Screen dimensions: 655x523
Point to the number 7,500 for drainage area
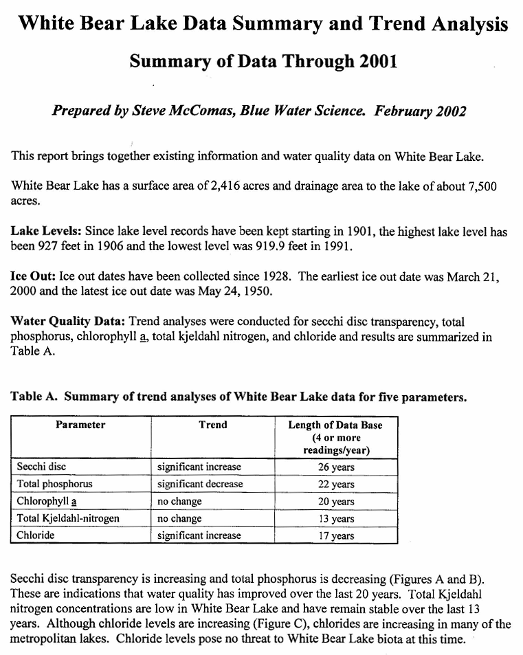coord(480,187)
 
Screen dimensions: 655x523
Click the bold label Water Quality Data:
coord(68,321)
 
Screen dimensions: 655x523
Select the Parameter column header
coord(80,425)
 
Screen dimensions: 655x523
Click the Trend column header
coord(212,425)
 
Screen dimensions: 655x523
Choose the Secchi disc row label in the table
coord(41,467)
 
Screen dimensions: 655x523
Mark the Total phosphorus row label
coord(54,484)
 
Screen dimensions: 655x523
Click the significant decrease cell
coord(200,484)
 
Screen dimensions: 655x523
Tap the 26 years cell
coord(337,467)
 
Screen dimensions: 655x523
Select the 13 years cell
coord(337,518)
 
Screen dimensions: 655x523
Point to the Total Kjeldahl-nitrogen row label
coord(68,518)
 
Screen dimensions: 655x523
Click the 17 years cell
coord(337,535)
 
